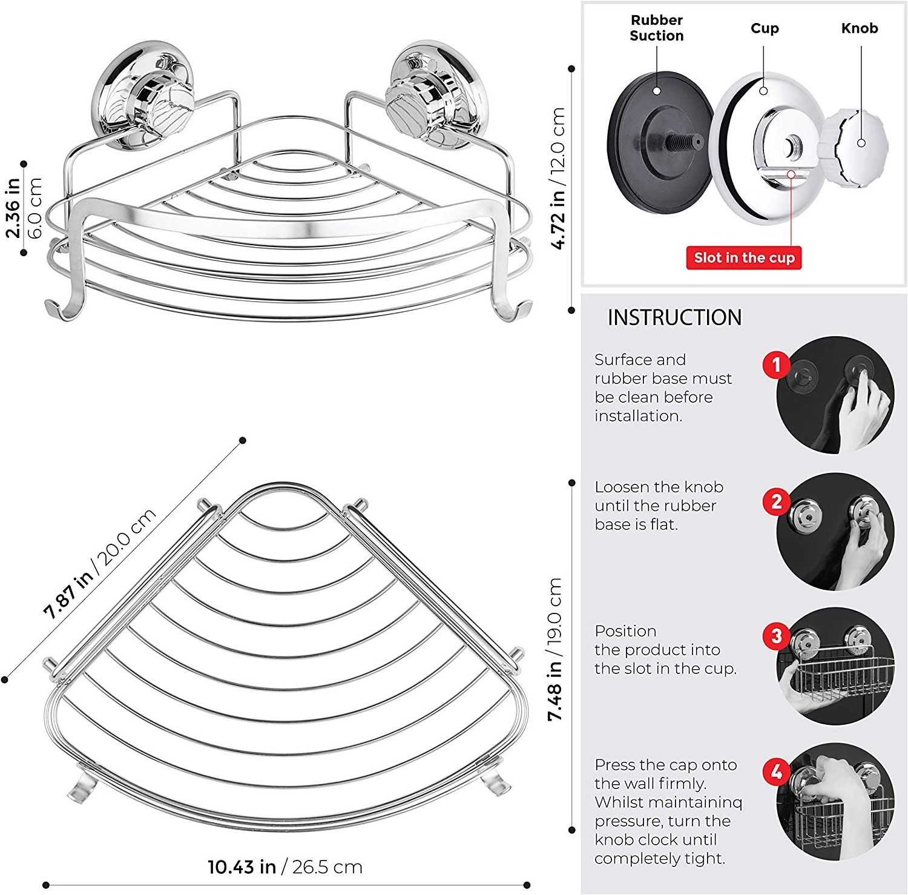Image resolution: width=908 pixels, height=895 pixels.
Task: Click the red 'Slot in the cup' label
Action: [x=744, y=257]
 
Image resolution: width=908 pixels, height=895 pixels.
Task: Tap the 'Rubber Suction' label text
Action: [x=656, y=28]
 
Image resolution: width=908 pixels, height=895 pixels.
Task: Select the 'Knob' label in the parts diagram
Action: [x=859, y=28]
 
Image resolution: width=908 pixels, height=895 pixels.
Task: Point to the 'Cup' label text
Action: [x=765, y=28]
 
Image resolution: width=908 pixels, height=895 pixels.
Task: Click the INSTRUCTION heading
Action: [x=674, y=317]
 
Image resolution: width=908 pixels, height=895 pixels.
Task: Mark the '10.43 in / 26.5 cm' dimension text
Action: [x=285, y=867]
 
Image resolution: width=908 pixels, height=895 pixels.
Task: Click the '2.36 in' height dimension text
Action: [x=13, y=207]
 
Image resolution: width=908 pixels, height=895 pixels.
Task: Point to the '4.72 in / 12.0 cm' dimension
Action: [x=558, y=178]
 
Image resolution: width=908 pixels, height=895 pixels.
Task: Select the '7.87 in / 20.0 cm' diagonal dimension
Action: [x=100, y=563]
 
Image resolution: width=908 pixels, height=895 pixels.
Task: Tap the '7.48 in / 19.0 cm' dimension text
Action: [x=555, y=649]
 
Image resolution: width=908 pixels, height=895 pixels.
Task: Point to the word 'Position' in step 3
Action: [x=625, y=631]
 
